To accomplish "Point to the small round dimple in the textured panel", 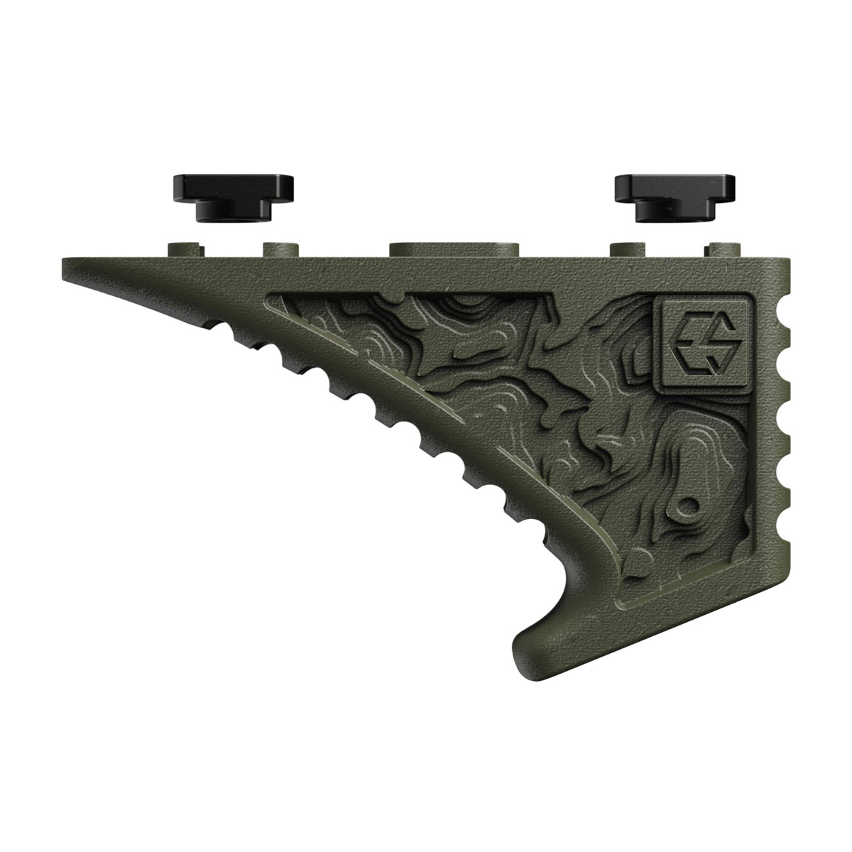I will [687, 507].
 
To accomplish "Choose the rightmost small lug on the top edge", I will [723, 249].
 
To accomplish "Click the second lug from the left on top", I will [281, 249].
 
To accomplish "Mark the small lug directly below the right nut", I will [629, 249].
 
